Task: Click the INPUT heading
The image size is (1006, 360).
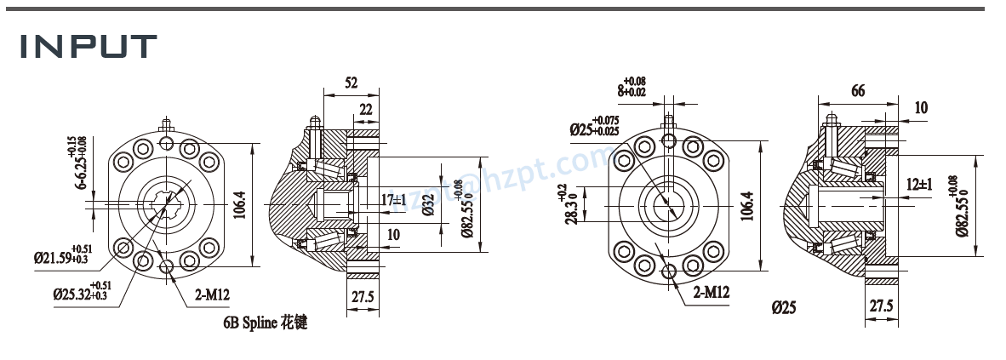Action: [x=89, y=48]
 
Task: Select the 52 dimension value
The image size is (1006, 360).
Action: [x=351, y=83]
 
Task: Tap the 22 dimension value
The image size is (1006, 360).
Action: [x=365, y=108]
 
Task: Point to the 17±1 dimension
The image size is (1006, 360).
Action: [x=394, y=200]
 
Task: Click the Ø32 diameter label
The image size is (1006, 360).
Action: [x=427, y=205]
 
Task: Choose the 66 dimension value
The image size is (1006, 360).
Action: [x=858, y=90]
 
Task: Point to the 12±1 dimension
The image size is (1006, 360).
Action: [x=919, y=184]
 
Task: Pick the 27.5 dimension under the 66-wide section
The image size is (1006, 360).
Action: [x=882, y=306]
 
